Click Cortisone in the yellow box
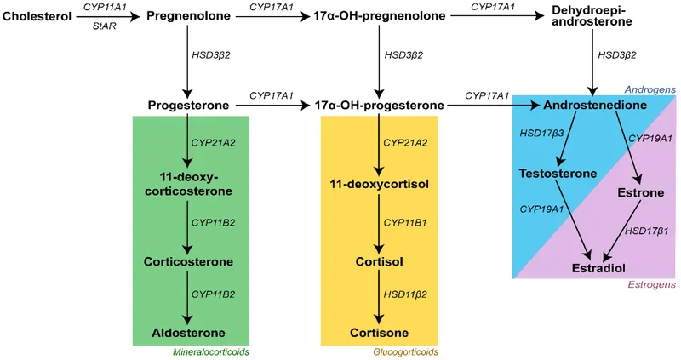point(380,332)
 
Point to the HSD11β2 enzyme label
point(405,295)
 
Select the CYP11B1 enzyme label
point(405,222)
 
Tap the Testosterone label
point(558,173)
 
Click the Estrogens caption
point(651,286)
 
